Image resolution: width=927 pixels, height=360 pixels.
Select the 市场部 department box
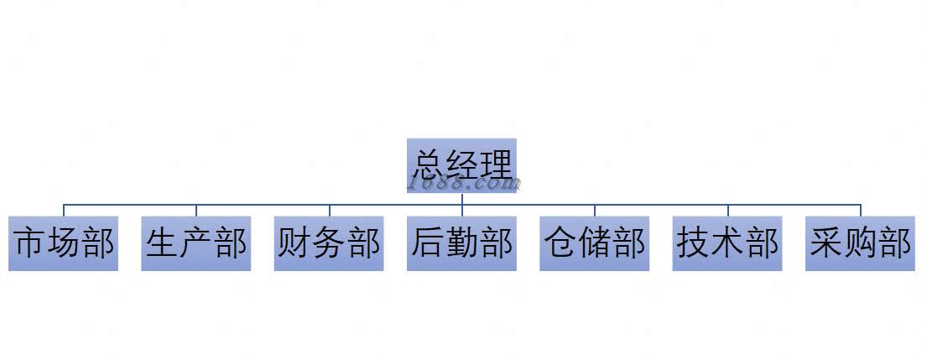pyautogui.click(x=64, y=243)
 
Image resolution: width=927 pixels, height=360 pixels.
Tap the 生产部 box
pyautogui.click(x=196, y=243)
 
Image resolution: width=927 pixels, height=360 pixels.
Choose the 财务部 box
pyautogui.click(x=329, y=243)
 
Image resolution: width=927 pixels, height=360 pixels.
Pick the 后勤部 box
pyautogui.click(x=461, y=243)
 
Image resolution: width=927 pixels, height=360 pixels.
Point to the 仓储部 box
pyautogui.click(x=594, y=243)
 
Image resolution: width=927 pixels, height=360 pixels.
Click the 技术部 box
pyautogui.click(x=727, y=243)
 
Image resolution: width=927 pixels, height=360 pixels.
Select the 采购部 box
pyautogui.click(x=860, y=243)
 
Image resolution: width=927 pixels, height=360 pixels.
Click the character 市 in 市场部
pyautogui.click(x=30, y=243)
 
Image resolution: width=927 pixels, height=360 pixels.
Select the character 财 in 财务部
pyautogui.click(x=294, y=243)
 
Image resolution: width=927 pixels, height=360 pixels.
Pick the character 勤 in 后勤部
pyautogui.click(x=461, y=243)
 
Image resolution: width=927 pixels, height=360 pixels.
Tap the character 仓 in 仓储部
pyautogui.click(x=560, y=243)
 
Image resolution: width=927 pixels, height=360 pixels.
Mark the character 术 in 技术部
pyautogui.click(x=727, y=243)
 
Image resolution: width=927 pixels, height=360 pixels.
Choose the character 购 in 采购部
pyautogui.click(x=860, y=243)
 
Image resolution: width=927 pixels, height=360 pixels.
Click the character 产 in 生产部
pyautogui.click(x=196, y=243)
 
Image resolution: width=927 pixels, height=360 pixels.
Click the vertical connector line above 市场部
pyautogui.click(x=64, y=210)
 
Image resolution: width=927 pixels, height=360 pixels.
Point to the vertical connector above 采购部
pyautogui.click(x=860, y=210)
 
